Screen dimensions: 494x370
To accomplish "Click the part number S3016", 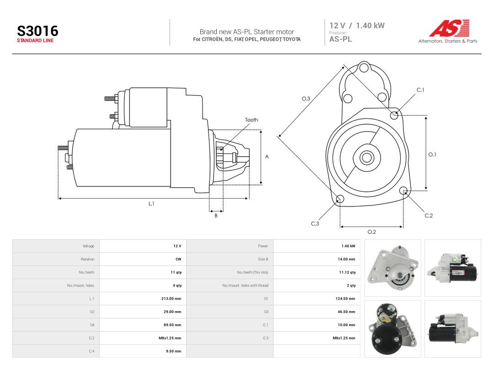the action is click(x=38, y=31).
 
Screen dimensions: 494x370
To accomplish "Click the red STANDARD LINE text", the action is click(x=35, y=41).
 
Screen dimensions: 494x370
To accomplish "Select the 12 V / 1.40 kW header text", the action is click(x=357, y=26).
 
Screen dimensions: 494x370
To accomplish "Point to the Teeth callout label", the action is click(x=252, y=120).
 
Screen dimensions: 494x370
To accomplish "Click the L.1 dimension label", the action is click(x=151, y=204).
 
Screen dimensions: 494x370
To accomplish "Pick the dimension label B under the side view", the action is click(x=216, y=216).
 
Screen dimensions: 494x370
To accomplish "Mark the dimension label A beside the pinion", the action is click(x=267, y=157).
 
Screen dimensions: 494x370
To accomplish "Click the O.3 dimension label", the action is click(x=306, y=99).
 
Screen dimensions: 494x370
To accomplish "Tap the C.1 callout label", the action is click(x=420, y=90).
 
